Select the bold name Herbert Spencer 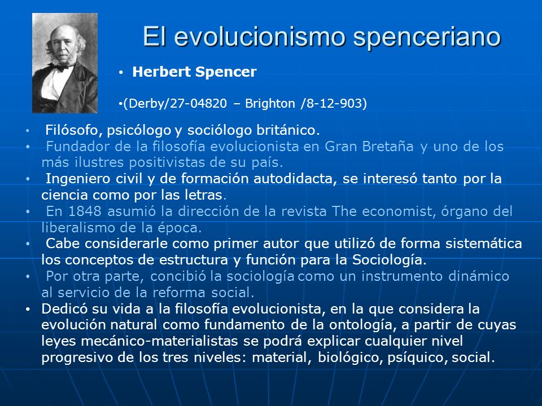[194, 72]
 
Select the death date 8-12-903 [334, 103]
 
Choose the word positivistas [164, 163]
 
